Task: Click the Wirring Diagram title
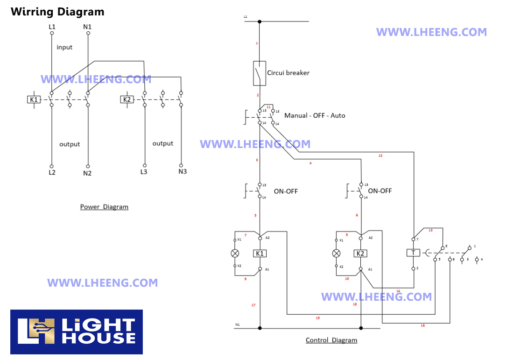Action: point(57,12)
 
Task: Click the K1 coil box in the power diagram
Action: point(34,99)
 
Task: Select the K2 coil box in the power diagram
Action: point(127,99)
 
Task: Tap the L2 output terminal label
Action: point(52,173)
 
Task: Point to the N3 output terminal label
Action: point(183,171)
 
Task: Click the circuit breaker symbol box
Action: point(260,73)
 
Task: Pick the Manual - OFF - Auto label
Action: point(315,115)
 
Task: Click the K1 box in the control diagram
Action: point(260,254)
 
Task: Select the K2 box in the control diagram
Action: point(360,254)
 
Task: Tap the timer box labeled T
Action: point(413,253)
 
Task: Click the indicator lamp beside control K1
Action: point(235,253)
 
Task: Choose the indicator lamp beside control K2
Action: point(336,253)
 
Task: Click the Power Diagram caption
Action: point(104,207)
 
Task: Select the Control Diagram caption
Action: point(331,340)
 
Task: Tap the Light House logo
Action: point(77,332)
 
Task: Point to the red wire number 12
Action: point(380,155)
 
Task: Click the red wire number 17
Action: point(253,305)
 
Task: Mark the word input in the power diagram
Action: point(64,47)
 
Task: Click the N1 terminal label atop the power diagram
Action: point(87,27)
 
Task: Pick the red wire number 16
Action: point(422,325)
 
